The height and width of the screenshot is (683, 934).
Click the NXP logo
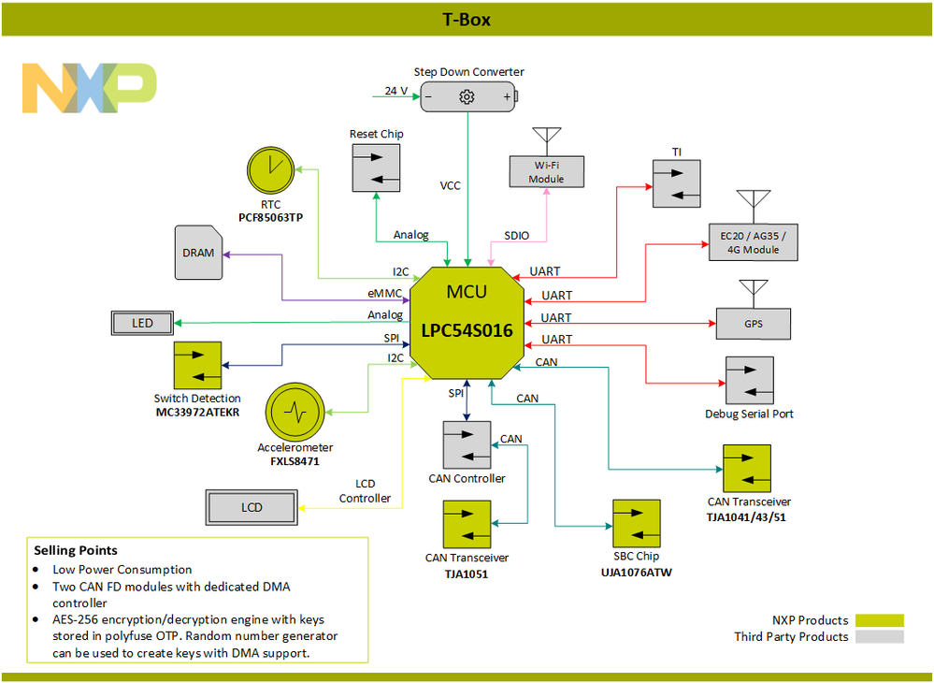pos(89,88)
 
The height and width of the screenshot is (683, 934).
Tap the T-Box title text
pos(467,20)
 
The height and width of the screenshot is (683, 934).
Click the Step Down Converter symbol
pos(467,96)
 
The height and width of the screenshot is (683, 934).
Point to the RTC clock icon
pos(270,170)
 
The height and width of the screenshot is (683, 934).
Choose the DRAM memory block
pos(198,253)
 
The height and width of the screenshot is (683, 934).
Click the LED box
pos(143,324)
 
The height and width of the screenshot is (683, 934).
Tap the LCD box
pos(252,507)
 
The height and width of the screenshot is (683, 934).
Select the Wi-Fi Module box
pos(546,172)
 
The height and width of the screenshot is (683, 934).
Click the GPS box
pos(753,324)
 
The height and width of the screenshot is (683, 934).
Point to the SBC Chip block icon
pos(637,523)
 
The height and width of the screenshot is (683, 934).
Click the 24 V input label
pos(396,91)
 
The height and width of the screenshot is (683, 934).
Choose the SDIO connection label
pos(517,235)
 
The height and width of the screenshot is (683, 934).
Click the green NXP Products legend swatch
pos(879,620)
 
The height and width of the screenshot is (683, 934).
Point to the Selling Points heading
pos(76,550)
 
